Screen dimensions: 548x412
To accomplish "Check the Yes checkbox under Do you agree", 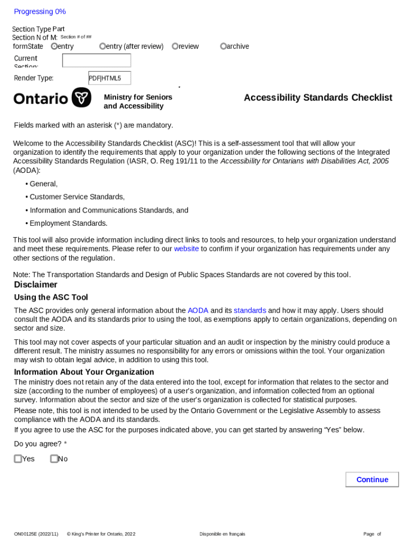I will pyautogui.click(x=18, y=459).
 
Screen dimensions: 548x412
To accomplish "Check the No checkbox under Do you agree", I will pyautogui.click(x=54, y=459).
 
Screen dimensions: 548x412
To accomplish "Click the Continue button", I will pyautogui.click(x=372, y=479).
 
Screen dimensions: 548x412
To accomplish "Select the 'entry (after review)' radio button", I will pyautogui.click(x=103, y=47).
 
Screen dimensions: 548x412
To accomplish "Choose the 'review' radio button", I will pyautogui.click(x=175, y=47).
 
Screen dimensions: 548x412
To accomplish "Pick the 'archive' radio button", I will pyautogui.click(x=224, y=47).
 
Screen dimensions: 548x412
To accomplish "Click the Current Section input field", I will pyautogui.click(x=96, y=60).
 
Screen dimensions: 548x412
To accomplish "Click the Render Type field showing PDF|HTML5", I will pyautogui.click(x=109, y=78).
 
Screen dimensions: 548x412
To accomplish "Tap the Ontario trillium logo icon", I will pyautogui.click(x=81, y=97).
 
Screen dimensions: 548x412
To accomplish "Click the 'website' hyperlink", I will pyautogui.click(x=186, y=249).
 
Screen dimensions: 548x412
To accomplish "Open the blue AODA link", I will pyautogui.click(x=197, y=310).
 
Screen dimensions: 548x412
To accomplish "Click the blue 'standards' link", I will pyautogui.click(x=250, y=310).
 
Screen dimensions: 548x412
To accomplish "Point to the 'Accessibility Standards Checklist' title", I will pyautogui.click(x=318, y=97).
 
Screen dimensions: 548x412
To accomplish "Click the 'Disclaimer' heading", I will pyautogui.click(x=35, y=285).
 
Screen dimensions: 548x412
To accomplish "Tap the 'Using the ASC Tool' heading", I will pyautogui.click(x=51, y=298).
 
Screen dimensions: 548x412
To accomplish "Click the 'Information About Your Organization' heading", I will pyautogui.click(x=84, y=372).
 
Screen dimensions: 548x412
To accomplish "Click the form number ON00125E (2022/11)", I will pyautogui.click(x=36, y=534).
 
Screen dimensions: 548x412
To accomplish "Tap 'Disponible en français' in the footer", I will pyautogui.click(x=222, y=534).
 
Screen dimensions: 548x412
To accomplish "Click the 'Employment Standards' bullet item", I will pyautogui.click(x=68, y=224).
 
